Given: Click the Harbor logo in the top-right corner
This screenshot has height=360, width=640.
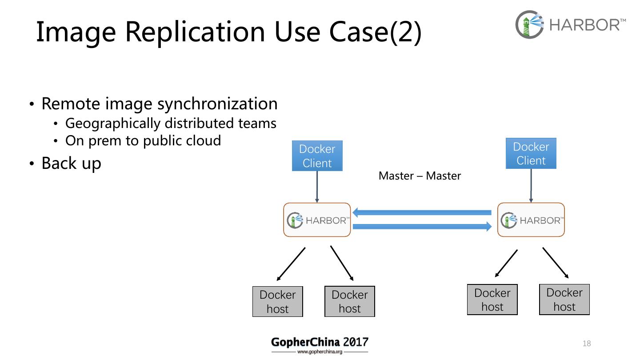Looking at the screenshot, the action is click(x=570, y=24).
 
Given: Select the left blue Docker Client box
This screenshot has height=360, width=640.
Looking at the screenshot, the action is click(x=317, y=156).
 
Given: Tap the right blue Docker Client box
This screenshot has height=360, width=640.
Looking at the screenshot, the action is click(x=531, y=153).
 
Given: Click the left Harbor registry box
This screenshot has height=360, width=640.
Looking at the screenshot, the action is click(x=317, y=220).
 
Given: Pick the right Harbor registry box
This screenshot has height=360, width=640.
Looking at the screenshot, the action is click(x=531, y=220).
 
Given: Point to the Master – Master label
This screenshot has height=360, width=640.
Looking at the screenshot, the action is click(x=420, y=176).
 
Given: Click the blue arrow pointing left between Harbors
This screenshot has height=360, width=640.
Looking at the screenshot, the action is click(x=422, y=212).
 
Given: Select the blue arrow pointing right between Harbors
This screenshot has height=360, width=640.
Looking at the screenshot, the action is click(x=422, y=227).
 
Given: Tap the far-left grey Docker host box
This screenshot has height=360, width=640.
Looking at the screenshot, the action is click(x=277, y=301).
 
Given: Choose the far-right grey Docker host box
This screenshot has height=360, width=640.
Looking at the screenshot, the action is click(x=564, y=300).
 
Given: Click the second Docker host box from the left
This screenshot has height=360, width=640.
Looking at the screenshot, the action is click(x=350, y=301).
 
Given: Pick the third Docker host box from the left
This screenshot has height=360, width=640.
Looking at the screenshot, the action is click(x=492, y=300).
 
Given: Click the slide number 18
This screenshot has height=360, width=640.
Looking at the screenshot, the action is click(x=587, y=343).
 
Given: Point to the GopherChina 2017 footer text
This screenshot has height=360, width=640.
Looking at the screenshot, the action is click(x=320, y=342).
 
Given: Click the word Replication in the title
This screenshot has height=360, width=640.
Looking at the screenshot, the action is click(x=195, y=32).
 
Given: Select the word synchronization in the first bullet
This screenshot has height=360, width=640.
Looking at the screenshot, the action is click(x=217, y=104).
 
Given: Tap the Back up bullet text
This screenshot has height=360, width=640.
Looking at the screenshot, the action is click(x=72, y=164).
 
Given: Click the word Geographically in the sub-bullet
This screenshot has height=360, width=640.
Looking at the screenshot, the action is click(x=113, y=124).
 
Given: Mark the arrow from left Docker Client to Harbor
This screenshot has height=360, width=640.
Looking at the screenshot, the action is click(x=317, y=187).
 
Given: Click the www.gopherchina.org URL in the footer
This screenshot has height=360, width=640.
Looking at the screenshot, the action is click(x=320, y=352).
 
